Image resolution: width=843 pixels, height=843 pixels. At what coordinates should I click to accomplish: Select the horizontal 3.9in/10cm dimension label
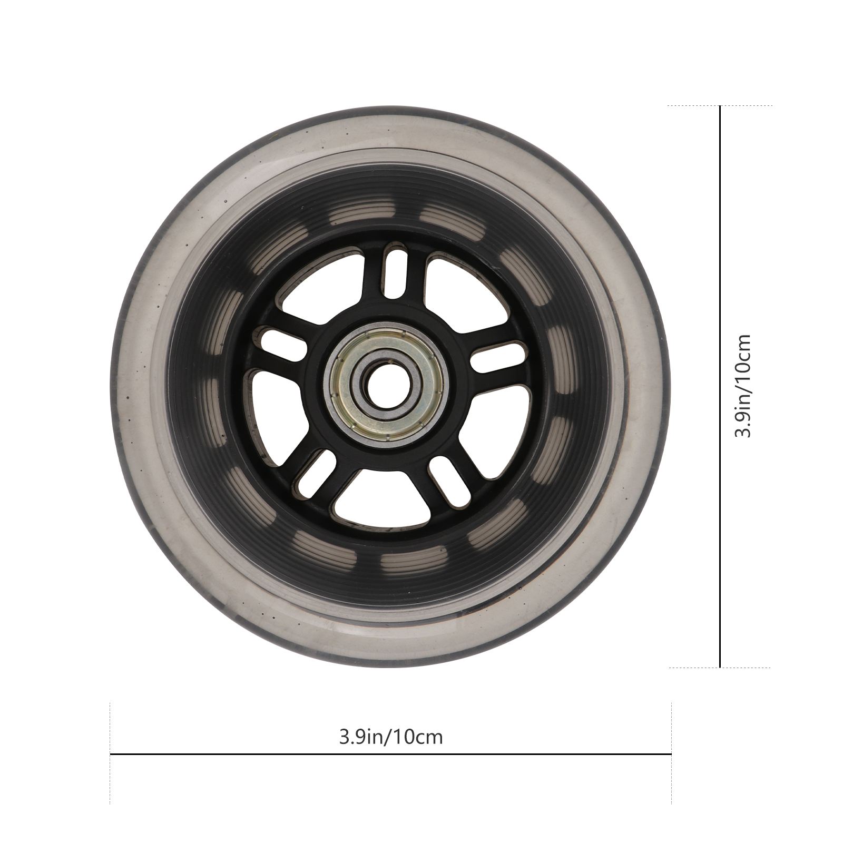pyautogui.click(x=390, y=736)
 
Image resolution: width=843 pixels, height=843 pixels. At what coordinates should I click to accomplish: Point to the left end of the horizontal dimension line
pyautogui.click(x=111, y=754)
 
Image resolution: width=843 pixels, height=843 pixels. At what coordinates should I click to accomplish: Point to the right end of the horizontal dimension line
pyautogui.click(x=671, y=754)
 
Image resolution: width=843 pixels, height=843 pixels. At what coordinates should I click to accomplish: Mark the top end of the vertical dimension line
pyautogui.click(x=720, y=106)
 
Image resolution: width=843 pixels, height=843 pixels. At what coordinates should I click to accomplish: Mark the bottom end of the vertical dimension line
pyautogui.click(x=720, y=667)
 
